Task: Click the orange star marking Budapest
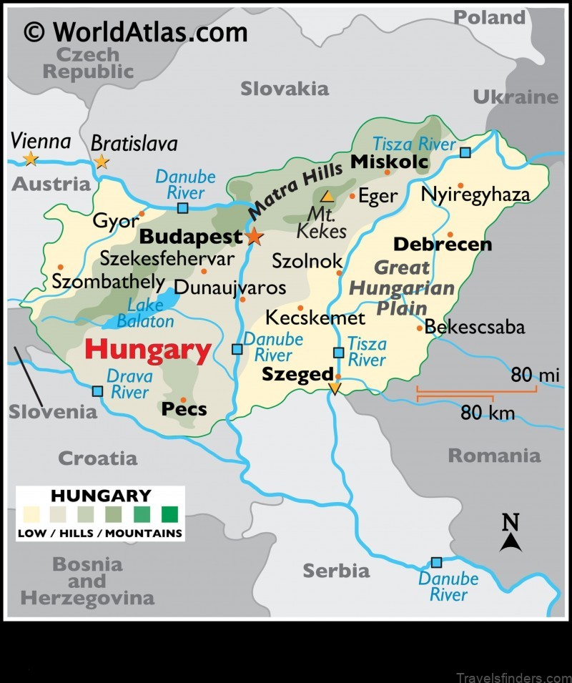click(x=254, y=237)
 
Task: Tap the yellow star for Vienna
click(x=30, y=158)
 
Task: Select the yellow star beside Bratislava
click(x=102, y=162)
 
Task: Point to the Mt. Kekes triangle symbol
click(x=327, y=196)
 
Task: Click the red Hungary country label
click(x=148, y=350)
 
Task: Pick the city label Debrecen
click(x=443, y=245)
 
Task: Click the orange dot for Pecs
click(x=184, y=400)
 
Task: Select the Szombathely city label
click(x=108, y=282)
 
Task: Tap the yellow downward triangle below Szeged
click(x=335, y=388)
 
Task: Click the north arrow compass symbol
click(x=510, y=534)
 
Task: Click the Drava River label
click(x=129, y=383)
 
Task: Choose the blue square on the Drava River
click(x=97, y=391)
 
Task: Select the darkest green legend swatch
click(x=169, y=514)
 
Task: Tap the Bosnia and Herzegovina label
click(x=87, y=581)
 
